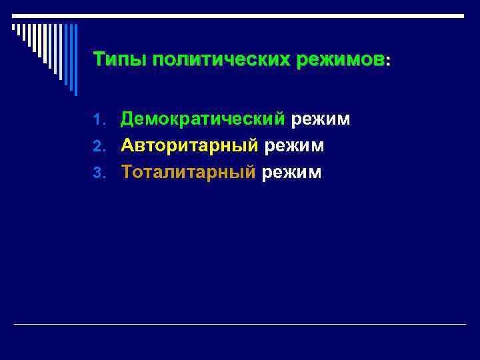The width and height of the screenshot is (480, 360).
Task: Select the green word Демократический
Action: click(x=203, y=119)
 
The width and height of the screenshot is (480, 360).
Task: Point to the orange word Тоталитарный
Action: click(x=188, y=172)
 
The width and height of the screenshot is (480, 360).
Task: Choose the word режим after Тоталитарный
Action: click(x=292, y=173)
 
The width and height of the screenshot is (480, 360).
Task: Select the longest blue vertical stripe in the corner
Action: click(x=75, y=60)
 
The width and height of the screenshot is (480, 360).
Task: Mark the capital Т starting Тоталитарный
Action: click(x=127, y=172)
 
